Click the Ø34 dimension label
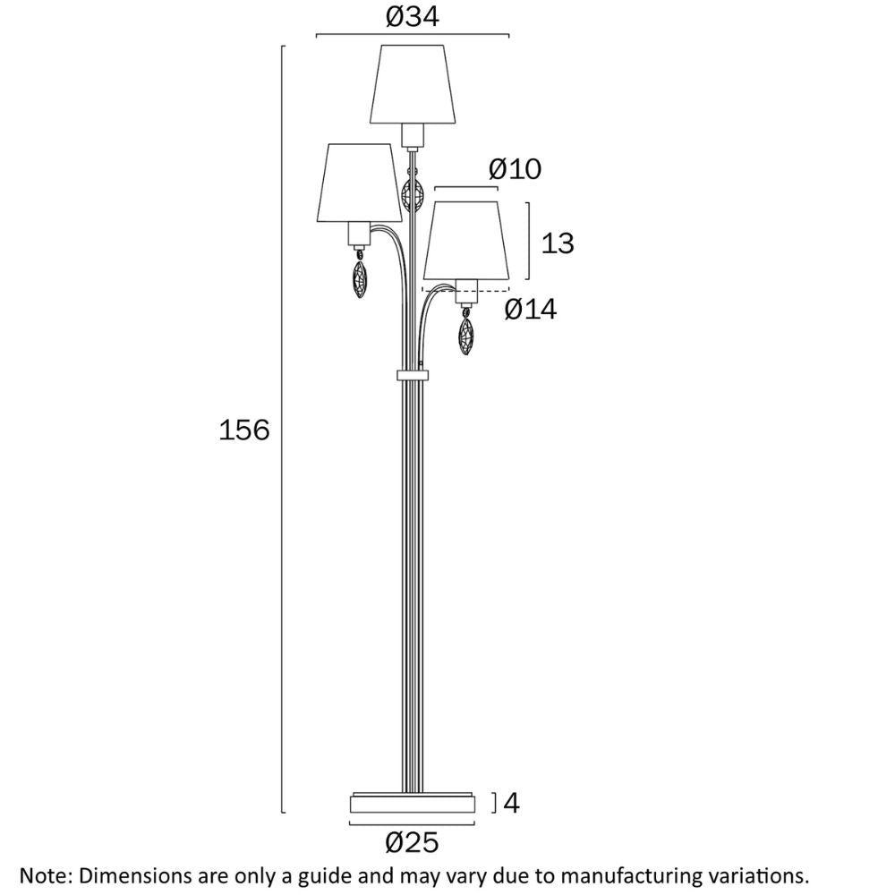(412, 16)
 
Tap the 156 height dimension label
(243, 430)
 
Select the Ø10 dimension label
(515, 169)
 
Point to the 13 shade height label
(557, 243)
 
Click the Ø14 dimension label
(530, 310)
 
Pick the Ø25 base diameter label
(412, 842)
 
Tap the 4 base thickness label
(511, 803)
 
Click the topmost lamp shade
(413, 84)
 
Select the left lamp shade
(359, 183)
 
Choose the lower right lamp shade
(466, 241)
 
